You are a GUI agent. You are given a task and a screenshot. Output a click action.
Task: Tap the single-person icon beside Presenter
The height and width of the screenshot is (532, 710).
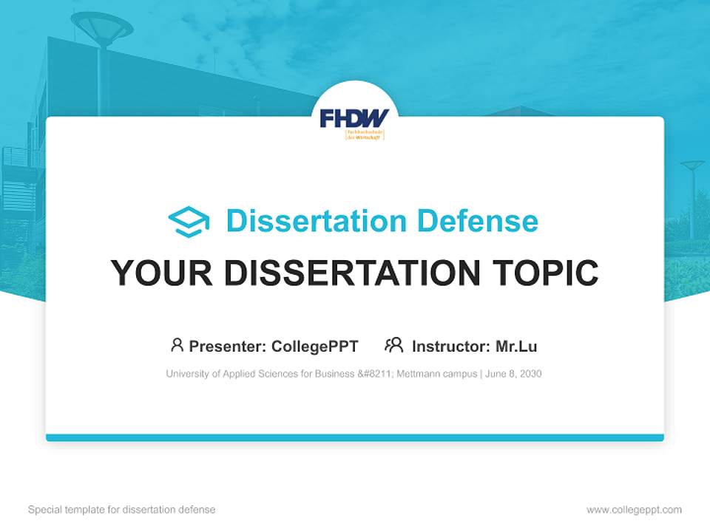click(177, 345)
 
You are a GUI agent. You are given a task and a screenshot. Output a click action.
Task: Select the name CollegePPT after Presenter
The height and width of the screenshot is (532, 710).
click(315, 347)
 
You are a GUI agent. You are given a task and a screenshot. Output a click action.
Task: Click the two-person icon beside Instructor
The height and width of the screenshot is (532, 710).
click(394, 345)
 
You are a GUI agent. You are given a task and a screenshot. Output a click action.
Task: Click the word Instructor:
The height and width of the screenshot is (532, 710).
click(450, 347)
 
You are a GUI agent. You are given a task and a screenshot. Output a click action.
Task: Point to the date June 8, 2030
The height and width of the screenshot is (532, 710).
click(514, 374)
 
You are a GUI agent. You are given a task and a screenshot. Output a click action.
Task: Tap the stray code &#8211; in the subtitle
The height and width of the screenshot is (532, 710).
click(375, 374)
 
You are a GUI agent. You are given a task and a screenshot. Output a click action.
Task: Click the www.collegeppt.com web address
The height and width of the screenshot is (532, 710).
click(634, 510)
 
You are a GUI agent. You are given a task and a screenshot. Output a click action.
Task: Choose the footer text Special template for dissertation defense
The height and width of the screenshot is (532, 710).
click(122, 510)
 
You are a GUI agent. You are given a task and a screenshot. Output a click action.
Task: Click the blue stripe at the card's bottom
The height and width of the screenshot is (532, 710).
click(355, 437)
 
